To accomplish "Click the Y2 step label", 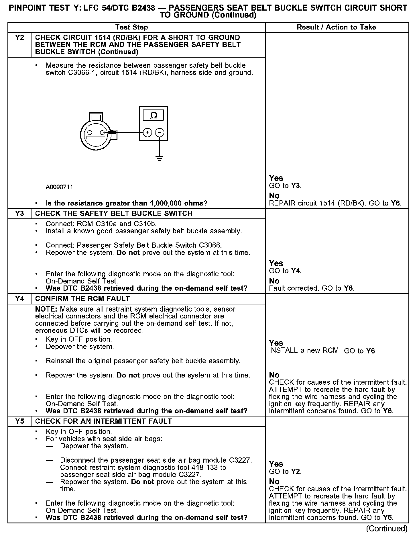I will coord(19,38).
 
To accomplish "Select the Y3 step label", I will coord(19,214).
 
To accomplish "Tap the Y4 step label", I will coord(19,299).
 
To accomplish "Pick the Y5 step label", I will coord(19,421).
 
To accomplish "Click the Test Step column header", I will coord(131,28).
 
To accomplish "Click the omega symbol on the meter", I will coord(154,116).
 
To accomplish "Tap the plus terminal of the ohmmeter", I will coord(147,132).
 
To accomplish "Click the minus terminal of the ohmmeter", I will coord(160,132).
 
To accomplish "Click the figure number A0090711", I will coord(59,187).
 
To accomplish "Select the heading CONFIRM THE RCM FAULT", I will coord(82,299).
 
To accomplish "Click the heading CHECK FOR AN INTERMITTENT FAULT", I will coord(103,421).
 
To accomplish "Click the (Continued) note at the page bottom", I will coord(386,529).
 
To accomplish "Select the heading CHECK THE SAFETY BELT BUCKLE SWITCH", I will coord(113,214).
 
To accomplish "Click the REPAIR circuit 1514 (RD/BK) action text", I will coord(318,204).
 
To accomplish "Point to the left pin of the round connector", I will coord(90,132).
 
